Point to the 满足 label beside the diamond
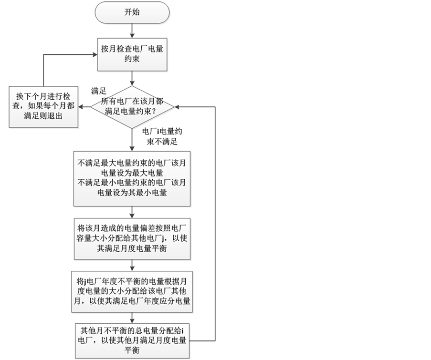coord(97,91)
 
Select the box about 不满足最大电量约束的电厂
coord(132,177)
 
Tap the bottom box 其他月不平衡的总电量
coord(132,339)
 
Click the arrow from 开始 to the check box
coord(132,30)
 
